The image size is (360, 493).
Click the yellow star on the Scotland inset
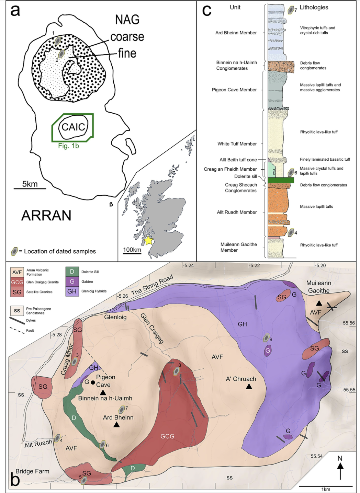pos(148,241)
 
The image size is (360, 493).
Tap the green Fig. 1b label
pos(68,146)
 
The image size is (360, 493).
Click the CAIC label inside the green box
pos(73,127)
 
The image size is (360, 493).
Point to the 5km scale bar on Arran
pos(30,188)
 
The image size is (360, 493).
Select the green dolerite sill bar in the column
pos(281,180)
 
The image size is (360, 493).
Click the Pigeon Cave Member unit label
pos(234,90)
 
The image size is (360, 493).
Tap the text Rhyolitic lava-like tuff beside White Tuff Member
pos(319,132)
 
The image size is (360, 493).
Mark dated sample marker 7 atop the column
pos(291,10)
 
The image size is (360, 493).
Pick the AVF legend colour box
pos(17,272)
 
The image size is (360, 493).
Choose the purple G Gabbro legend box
pos(72,282)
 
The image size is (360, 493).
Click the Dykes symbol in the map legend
pos(17,320)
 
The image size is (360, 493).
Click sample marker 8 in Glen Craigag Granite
pos(176,371)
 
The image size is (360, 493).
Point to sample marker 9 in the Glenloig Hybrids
pos(266,339)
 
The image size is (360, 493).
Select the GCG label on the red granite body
pos(167,436)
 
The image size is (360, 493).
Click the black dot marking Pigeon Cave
pos(93,382)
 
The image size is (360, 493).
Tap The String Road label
pos(152,285)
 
